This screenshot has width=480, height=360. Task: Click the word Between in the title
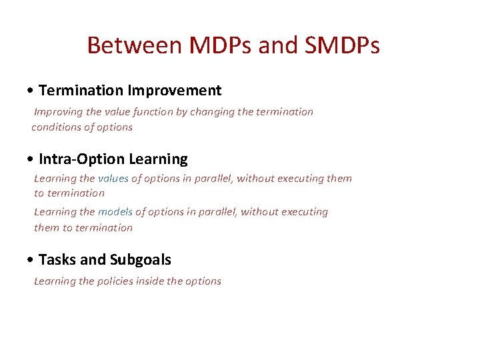pos(135,45)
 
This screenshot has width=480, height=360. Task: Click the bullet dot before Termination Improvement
pos(31,91)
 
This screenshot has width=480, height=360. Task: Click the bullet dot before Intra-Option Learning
pos(31,159)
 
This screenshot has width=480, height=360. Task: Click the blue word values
pos(113,178)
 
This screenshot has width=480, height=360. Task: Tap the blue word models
pos(115,212)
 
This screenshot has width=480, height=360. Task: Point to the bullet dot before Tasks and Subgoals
pos(31,260)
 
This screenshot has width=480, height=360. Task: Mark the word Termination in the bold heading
pos(81,90)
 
